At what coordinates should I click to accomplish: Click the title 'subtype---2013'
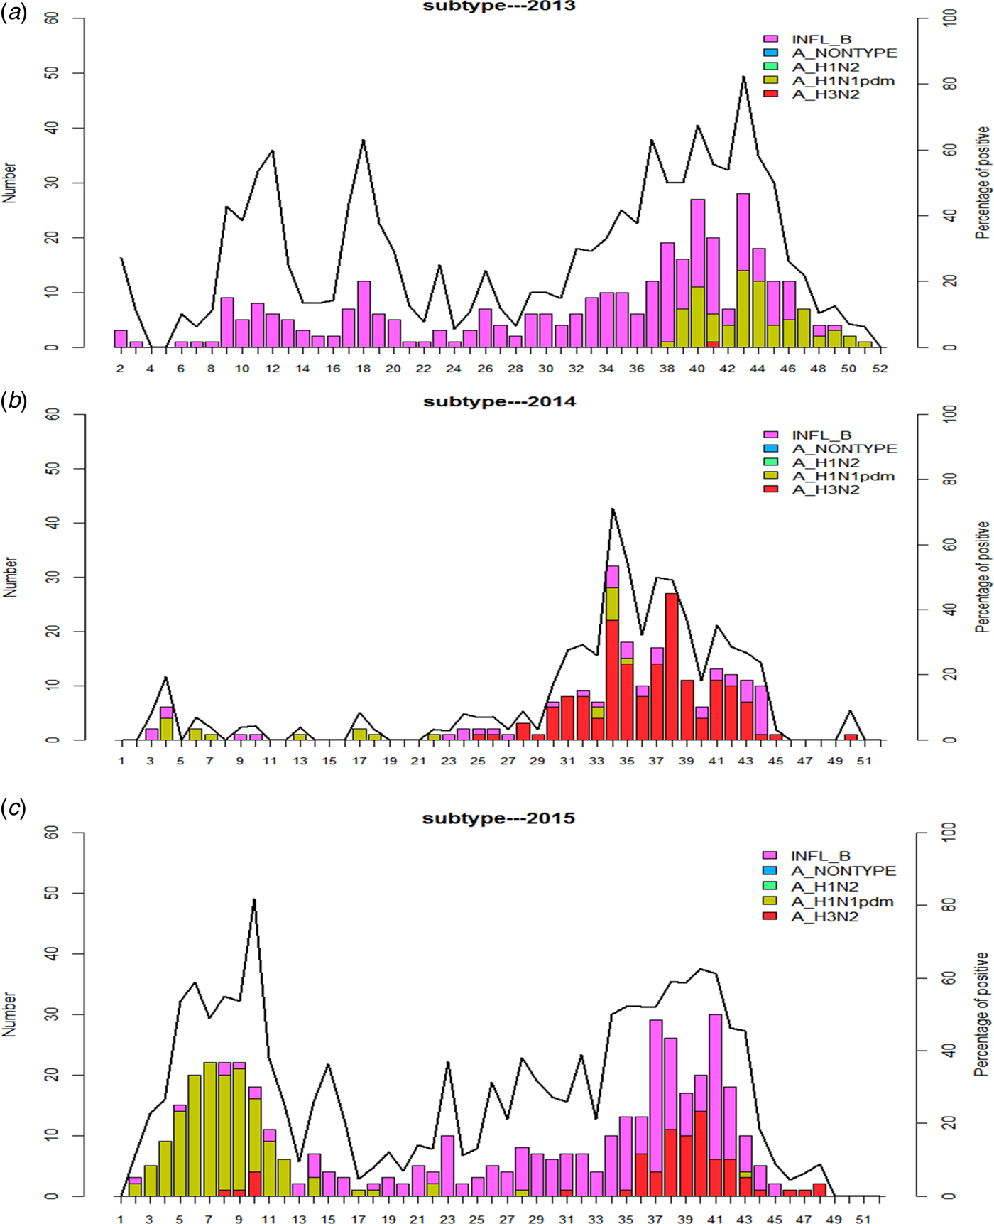498,6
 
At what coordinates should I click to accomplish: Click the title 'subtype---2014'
499,401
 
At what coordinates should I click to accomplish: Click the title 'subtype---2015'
498,818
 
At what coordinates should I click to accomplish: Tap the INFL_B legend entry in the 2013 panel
821,39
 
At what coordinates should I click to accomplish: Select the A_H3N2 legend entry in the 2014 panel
825,489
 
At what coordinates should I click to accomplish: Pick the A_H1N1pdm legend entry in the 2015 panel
842,901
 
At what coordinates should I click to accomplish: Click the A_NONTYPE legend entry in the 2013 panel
844,53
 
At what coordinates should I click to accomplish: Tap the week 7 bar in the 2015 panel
209,1130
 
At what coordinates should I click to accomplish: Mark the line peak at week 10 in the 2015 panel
254,900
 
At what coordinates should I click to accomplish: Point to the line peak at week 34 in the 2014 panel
612,509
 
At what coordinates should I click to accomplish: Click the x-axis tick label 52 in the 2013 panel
880,369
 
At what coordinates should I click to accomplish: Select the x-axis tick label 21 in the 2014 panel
418,761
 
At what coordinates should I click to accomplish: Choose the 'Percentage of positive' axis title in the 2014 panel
983,577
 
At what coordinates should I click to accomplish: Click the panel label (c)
13,808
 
